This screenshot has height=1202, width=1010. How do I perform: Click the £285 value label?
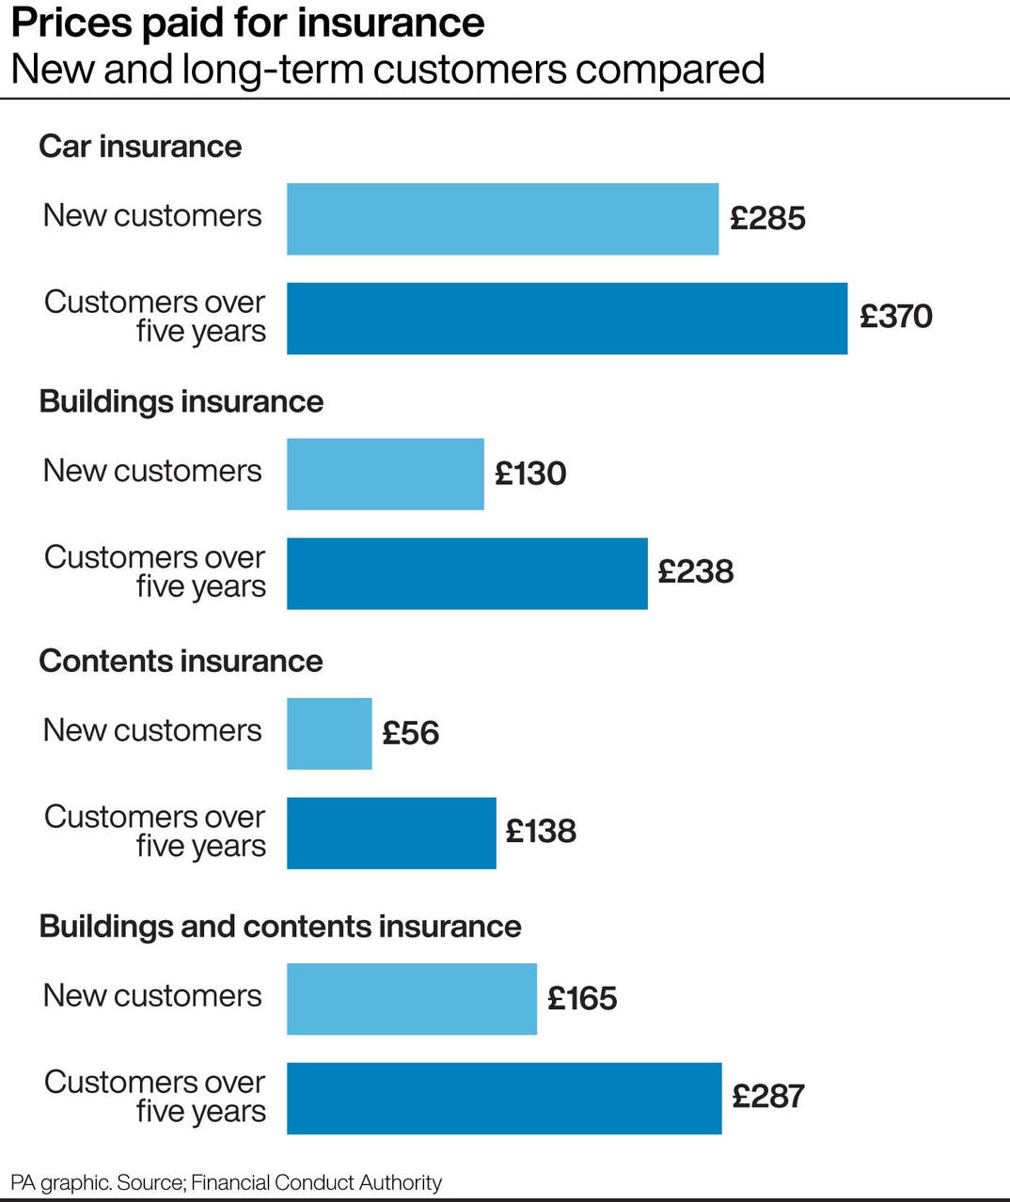tap(767, 218)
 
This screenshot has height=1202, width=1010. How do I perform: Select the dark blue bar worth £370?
tap(566, 319)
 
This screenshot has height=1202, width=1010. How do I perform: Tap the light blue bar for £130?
tap(385, 474)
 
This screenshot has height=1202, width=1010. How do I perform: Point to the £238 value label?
tap(695, 571)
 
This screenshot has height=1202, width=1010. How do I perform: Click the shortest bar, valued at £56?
tap(329, 733)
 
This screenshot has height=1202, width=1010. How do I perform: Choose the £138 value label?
tap(541, 831)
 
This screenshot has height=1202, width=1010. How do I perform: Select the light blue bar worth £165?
tap(411, 998)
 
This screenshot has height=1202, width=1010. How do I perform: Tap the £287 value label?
tap(767, 1096)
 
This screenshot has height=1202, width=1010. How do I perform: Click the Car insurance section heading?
tap(140, 147)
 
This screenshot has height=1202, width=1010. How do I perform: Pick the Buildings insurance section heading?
tap(181, 401)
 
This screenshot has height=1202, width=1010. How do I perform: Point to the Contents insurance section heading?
tap(181, 661)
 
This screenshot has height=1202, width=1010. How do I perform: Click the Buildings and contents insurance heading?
tap(279, 926)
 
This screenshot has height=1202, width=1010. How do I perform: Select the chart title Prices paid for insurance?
tap(247, 23)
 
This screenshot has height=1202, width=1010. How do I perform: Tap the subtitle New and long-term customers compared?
tap(387, 70)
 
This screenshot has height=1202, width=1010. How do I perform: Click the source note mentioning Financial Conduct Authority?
tap(226, 1182)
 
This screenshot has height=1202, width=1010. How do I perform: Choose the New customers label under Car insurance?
tap(152, 215)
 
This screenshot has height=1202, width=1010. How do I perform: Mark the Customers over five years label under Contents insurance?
tap(155, 831)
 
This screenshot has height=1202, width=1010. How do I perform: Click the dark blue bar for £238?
tap(466, 573)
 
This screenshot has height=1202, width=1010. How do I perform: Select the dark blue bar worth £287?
tap(503, 1098)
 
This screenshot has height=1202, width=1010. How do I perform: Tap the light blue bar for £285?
tap(502, 219)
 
